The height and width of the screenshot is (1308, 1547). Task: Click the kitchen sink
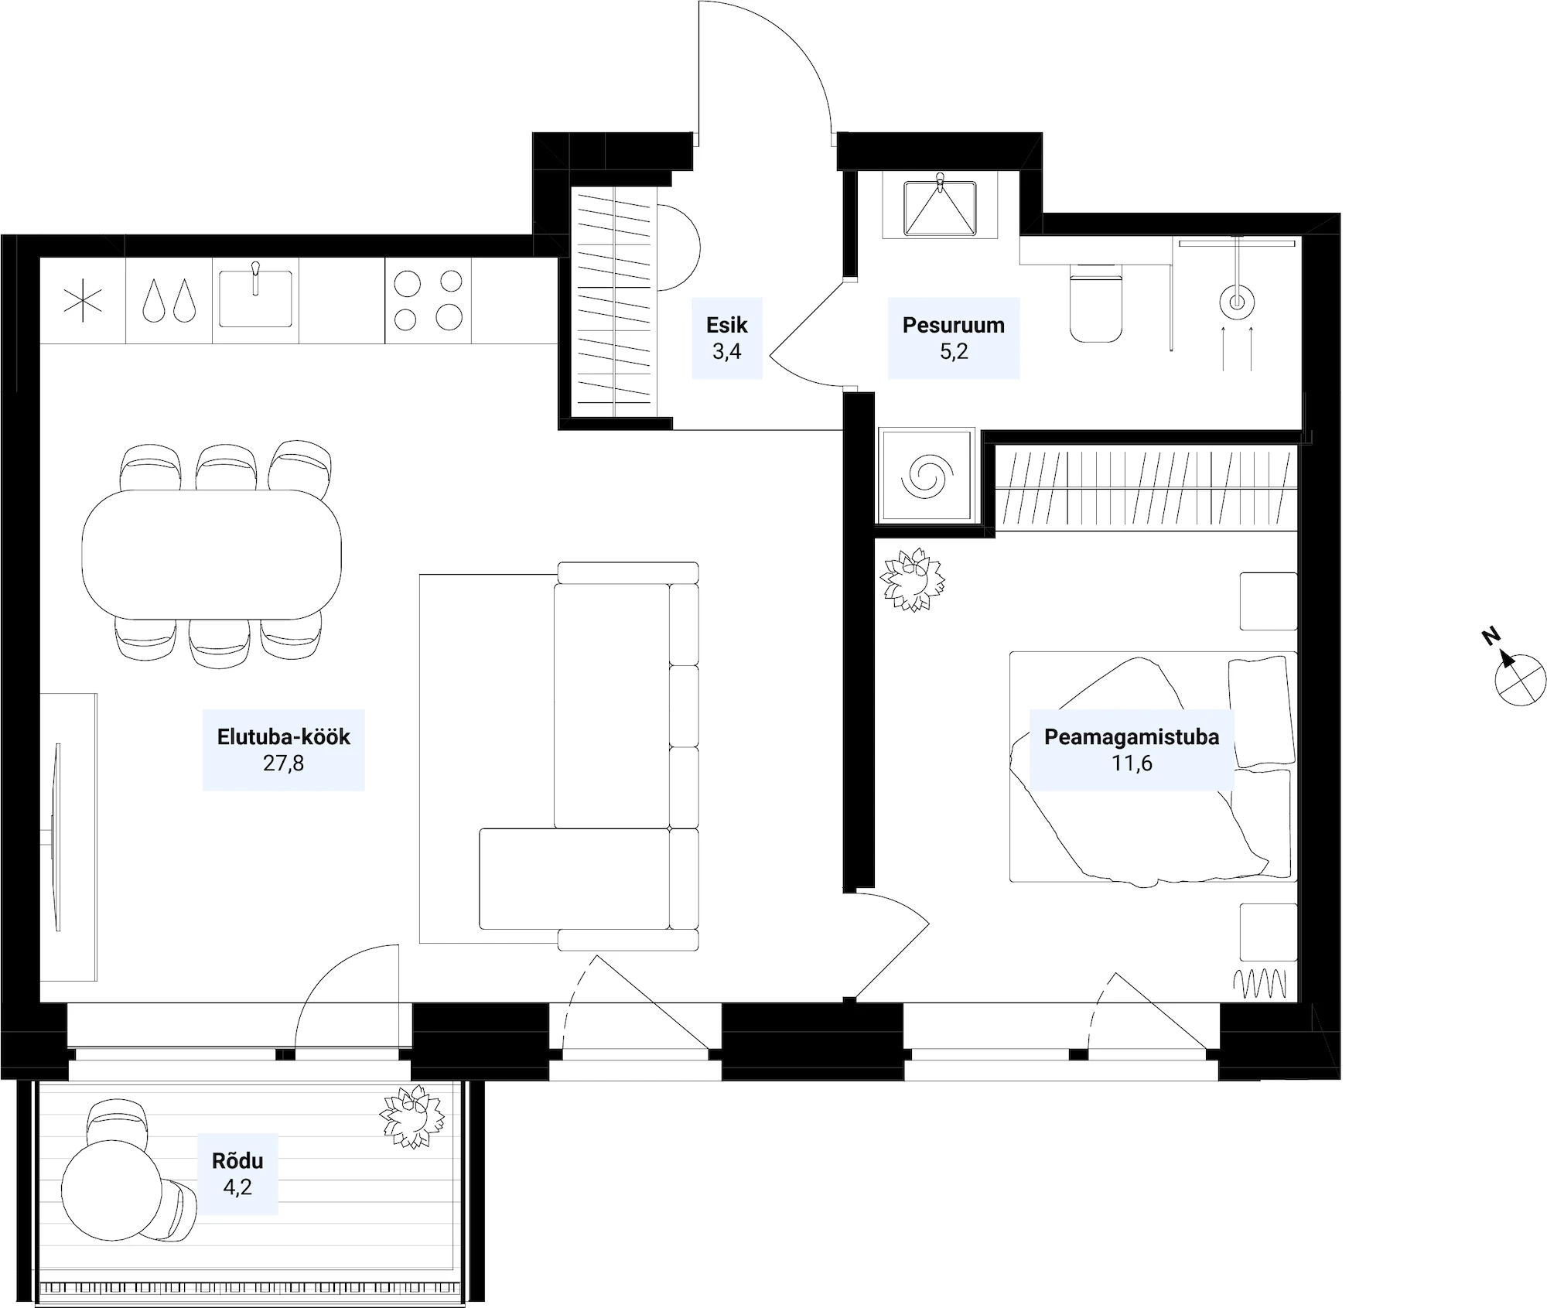point(255,298)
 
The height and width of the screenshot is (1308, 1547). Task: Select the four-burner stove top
point(428,300)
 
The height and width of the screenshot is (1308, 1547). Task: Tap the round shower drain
point(1237,302)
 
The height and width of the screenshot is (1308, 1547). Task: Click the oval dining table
point(212,554)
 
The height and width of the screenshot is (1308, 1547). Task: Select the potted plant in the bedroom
point(914,579)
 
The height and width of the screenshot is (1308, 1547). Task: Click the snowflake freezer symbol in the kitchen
point(83,300)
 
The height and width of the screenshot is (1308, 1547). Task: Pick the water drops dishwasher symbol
point(169,300)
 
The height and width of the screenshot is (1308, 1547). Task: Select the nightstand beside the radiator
point(1269,932)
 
